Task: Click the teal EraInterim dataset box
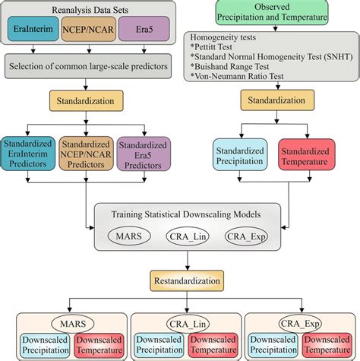tap(32, 36)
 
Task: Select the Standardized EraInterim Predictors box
tap(29, 155)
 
